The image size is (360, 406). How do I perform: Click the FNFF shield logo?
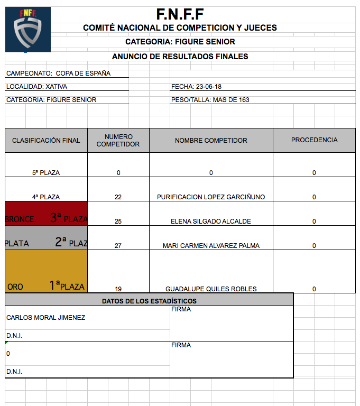pos(27,30)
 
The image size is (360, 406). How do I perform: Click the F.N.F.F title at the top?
pos(180,14)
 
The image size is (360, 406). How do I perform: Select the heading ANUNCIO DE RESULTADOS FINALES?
pos(180,57)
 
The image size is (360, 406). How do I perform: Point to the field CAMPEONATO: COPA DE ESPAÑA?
pos(58,73)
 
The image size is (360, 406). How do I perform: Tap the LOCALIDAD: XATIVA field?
pos(36,87)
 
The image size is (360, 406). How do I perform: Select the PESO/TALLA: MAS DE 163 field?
pos(210,100)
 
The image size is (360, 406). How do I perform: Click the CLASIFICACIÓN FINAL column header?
pos(46,141)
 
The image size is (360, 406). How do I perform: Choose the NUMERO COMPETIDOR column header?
pos(118,141)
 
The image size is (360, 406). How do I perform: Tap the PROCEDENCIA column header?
pos(314,140)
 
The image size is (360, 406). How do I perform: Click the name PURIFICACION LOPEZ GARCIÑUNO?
pos(211,197)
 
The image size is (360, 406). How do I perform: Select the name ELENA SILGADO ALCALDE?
pos(211,222)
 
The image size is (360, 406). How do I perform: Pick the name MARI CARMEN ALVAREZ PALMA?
pos(211,246)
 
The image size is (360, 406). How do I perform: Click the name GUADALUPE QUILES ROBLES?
pos(211,289)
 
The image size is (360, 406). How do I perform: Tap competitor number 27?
pos(118,246)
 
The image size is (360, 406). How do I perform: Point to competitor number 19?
pos(118,289)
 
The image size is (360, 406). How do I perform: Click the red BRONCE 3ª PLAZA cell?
pos(46,214)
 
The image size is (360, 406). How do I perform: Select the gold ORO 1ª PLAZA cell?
pos(46,272)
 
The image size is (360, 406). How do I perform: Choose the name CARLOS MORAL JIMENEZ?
pos(45,318)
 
